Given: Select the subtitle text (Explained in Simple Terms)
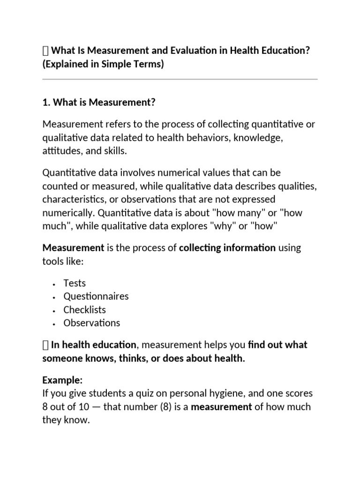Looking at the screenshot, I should (x=103, y=64).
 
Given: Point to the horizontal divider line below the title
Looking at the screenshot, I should (x=180, y=79).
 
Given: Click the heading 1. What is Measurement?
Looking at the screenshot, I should (x=98, y=103).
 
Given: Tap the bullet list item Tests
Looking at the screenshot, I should (x=75, y=283).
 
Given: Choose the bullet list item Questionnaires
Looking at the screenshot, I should (x=96, y=296).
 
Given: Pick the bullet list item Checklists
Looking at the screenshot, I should (x=84, y=309).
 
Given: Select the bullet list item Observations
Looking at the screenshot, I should (x=91, y=322).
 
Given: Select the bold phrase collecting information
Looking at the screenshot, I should (x=227, y=247).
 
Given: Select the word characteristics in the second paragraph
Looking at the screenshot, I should (x=75, y=199).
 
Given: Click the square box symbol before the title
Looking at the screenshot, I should (x=45, y=51).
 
